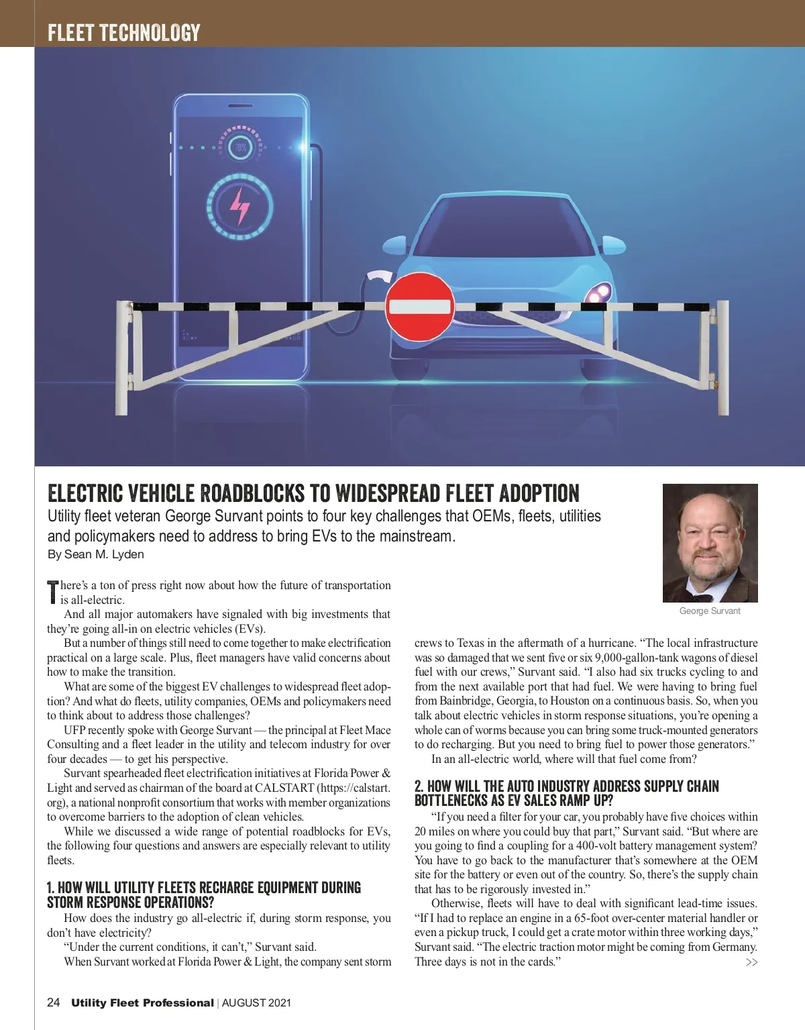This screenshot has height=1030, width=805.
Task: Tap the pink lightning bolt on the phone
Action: tap(239, 206)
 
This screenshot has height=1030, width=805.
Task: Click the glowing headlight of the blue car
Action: tap(599, 293)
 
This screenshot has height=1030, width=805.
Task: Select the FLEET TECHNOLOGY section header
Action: tap(124, 32)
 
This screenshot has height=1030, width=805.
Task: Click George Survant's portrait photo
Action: tap(710, 543)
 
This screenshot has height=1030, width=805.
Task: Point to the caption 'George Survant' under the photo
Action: tap(710, 611)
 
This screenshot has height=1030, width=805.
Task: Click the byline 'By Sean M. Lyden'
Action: tap(95, 554)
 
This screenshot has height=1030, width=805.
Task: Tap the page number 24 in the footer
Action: tap(54, 1002)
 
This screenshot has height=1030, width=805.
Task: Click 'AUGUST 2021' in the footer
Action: tap(256, 1003)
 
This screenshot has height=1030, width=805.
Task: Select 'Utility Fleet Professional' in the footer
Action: tap(142, 1003)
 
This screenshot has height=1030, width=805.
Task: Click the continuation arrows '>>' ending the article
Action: tap(751, 962)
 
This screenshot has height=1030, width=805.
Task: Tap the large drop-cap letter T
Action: tap(53, 591)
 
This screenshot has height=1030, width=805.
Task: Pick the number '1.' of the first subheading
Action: tap(51, 888)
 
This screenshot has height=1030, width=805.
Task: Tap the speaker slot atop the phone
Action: tap(239, 106)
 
